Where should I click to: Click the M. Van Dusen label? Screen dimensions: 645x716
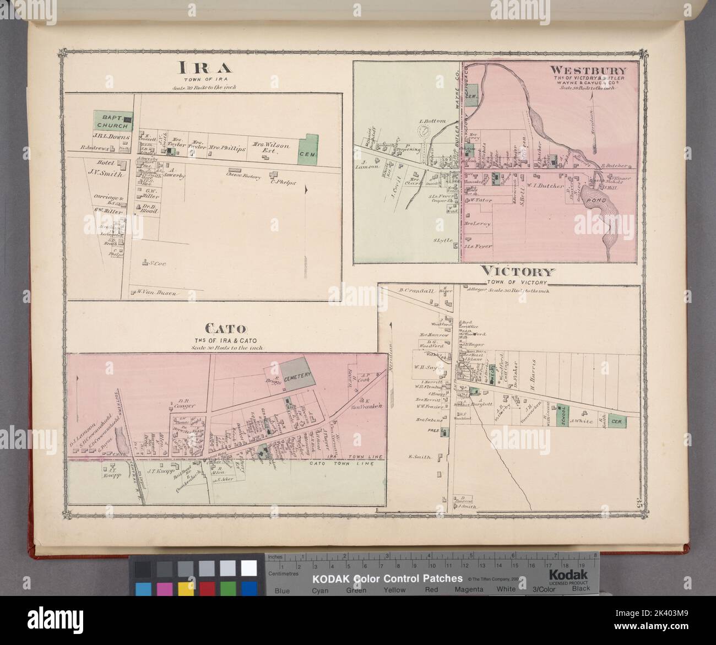click(x=156, y=294)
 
